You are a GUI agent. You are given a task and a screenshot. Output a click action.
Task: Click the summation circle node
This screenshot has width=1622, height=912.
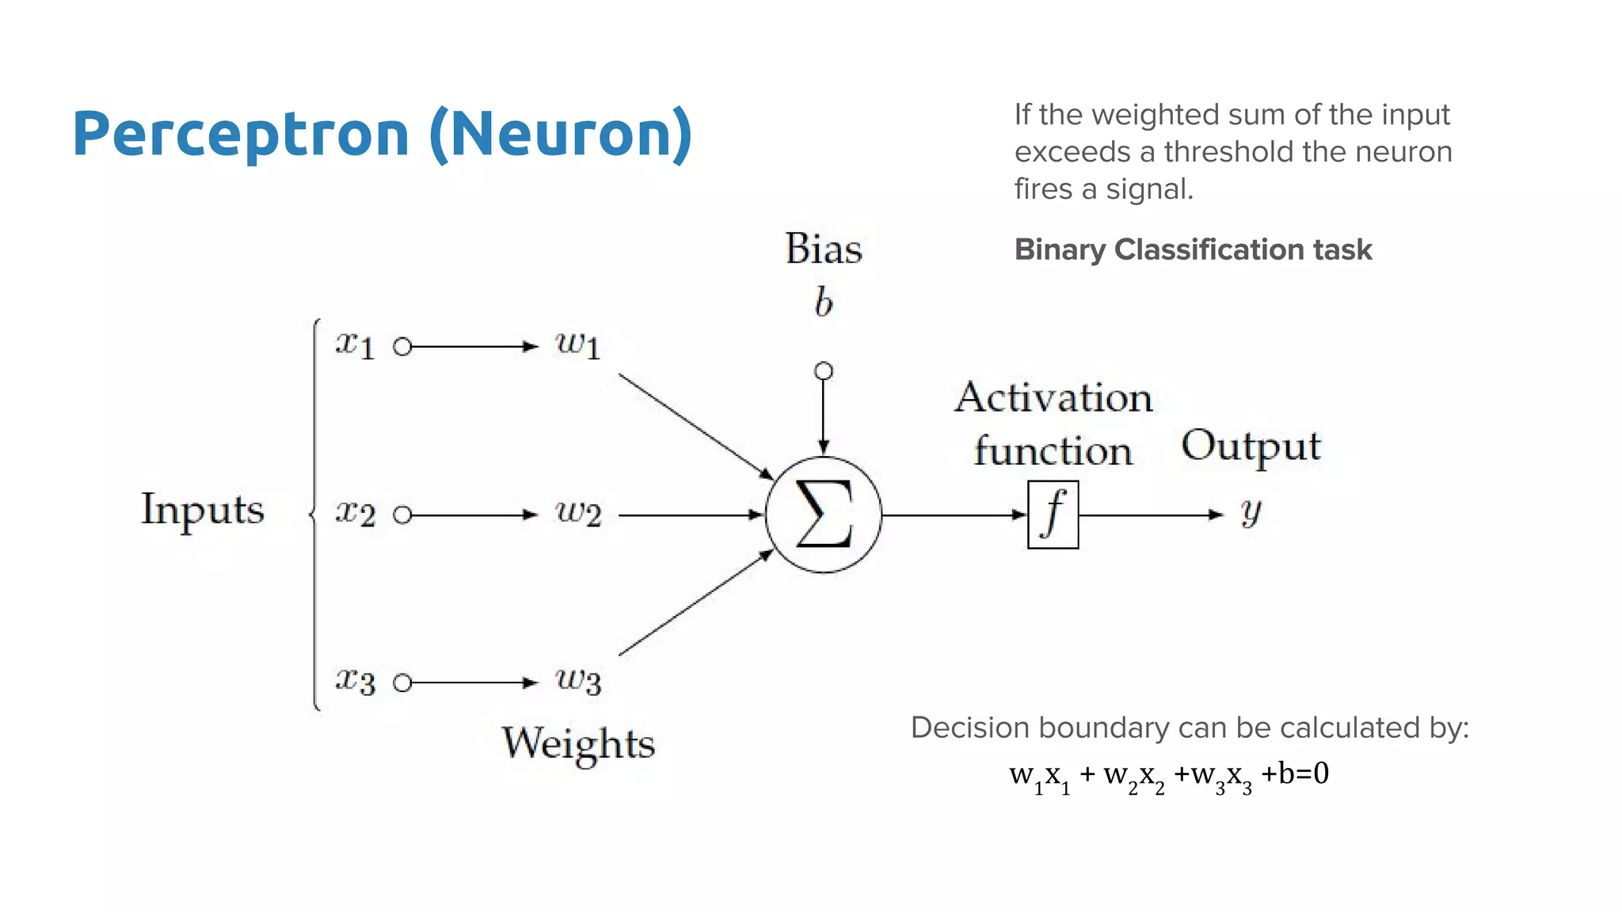click(824, 515)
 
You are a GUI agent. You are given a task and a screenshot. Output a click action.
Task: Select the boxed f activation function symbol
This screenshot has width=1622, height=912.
click(1053, 515)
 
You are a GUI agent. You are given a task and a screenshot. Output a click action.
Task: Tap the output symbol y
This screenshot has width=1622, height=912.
click(1251, 512)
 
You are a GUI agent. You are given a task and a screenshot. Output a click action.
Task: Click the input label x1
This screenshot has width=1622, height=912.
click(354, 345)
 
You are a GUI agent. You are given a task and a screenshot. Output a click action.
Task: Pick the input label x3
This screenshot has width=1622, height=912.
click(354, 681)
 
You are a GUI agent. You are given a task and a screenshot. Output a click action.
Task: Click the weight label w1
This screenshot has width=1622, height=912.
click(578, 345)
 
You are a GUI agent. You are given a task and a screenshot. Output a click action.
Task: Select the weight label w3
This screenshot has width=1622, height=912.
click(578, 681)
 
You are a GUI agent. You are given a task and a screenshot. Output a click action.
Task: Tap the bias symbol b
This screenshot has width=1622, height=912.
click(824, 302)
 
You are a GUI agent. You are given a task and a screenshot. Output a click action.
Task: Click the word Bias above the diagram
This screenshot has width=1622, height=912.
click(824, 249)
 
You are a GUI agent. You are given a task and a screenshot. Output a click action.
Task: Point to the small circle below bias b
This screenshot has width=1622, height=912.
click(824, 370)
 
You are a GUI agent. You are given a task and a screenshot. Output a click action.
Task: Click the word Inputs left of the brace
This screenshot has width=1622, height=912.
click(203, 510)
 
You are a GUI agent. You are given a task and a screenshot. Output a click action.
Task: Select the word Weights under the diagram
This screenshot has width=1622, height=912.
click(578, 744)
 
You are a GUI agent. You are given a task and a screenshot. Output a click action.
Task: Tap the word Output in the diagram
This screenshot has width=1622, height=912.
click(1251, 446)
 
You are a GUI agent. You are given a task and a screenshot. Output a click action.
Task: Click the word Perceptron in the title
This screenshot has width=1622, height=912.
click(240, 133)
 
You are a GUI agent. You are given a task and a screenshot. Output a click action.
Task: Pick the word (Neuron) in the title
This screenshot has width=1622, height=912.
click(561, 133)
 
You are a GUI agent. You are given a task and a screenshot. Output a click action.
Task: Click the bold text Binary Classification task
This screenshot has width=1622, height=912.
click(1193, 250)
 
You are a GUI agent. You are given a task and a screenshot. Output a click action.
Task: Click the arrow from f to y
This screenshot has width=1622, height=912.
click(1152, 515)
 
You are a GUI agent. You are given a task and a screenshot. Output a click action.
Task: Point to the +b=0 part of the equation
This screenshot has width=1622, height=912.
click(1294, 773)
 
